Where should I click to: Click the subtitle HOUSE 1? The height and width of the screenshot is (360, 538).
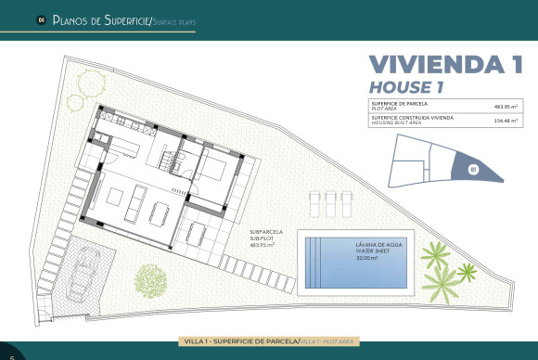coord(408,85)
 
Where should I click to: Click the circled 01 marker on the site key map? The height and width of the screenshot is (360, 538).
coord(472,169)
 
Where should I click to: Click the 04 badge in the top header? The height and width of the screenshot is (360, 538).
coord(41,19)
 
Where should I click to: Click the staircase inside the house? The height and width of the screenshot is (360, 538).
coord(169,161)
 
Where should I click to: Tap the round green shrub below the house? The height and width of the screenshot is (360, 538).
coord(150,278)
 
